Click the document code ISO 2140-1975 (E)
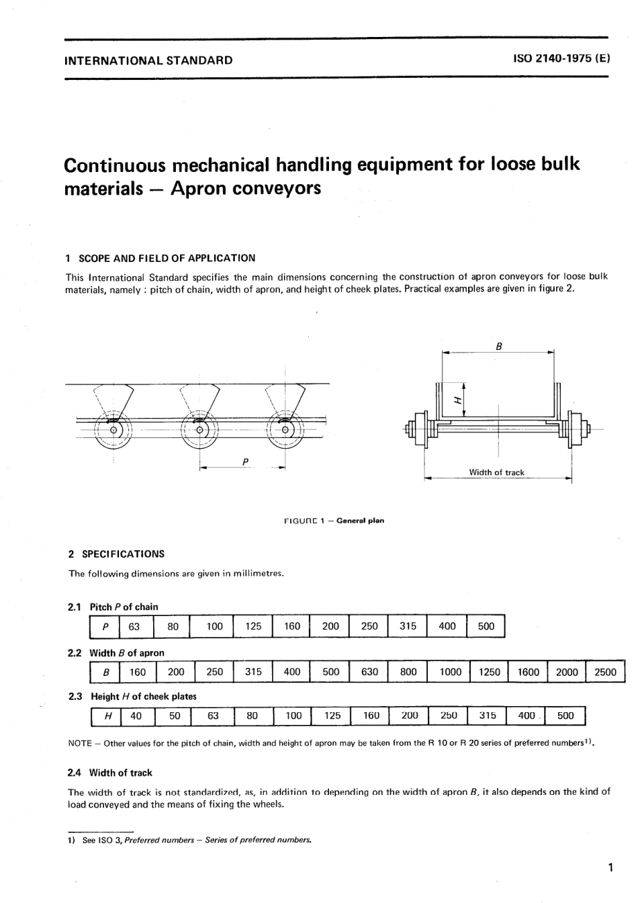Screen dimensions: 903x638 [561, 59]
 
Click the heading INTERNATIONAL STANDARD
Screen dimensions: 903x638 [148, 60]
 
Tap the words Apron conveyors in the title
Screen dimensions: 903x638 [246, 188]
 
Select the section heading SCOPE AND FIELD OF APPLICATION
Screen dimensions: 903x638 [167, 258]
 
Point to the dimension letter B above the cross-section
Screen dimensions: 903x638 [498, 347]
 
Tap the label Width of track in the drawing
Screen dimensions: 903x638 [496, 472]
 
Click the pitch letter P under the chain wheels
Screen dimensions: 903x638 [245, 462]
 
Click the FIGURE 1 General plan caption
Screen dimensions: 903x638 [334, 520]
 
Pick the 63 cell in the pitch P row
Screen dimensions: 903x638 [134, 626]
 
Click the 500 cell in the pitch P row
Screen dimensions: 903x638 [485, 626]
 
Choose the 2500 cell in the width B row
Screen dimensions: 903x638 [605, 672]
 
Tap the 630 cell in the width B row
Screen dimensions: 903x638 [369, 672]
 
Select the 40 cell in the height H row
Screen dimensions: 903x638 [136, 716]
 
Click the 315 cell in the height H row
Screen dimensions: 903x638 [487, 716]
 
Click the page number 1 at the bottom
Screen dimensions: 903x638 [610, 867]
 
